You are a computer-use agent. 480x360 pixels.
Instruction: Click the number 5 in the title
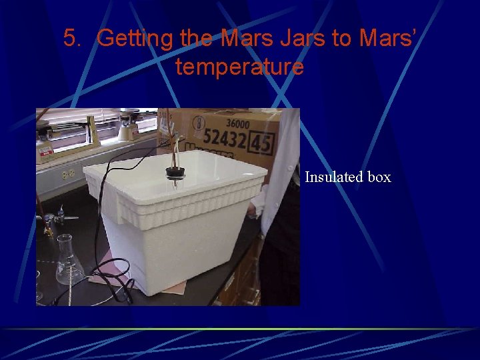[x=71, y=38]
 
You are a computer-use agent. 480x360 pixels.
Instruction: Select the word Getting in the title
[x=136, y=39]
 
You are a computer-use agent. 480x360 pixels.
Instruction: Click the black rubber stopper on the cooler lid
[x=175, y=173]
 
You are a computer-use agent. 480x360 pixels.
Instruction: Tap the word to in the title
[x=341, y=39]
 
